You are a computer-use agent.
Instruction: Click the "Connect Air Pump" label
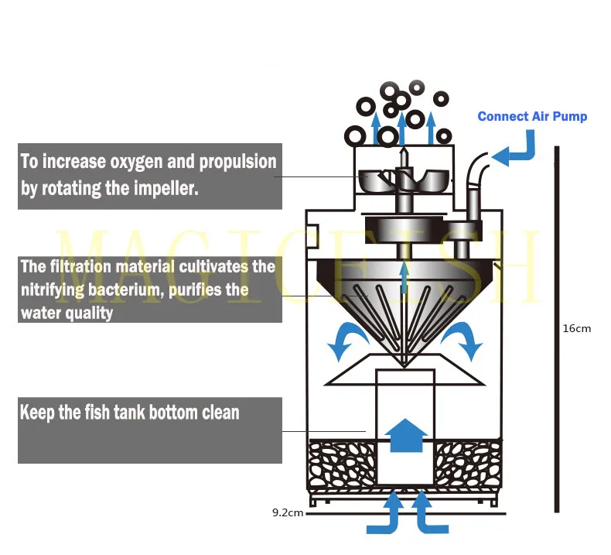pyautogui.click(x=532, y=117)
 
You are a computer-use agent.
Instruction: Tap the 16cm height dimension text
pyautogui.click(x=577, y=328)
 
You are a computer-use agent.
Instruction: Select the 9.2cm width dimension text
pyautogui.click(x=288, y=512)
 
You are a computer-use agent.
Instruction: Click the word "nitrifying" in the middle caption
pyautogui.click(x=53, y=290)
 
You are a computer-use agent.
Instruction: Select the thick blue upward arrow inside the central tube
pyautogui.click(x=405, y=436)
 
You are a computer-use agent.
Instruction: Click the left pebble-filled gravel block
pyautogui.click(x=343, y=464)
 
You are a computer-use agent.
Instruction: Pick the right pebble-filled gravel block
pyautogui.click(x=468, y=464)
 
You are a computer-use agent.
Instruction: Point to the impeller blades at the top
pyautogui.click(x=403, y=180)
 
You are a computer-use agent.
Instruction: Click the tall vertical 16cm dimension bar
pyautogui.click(x=557, y=329)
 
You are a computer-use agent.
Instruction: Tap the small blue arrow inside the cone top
pyautogui.click(x=404, y=277)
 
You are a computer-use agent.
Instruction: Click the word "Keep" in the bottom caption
pyautogui.click(x=37, y=413)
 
